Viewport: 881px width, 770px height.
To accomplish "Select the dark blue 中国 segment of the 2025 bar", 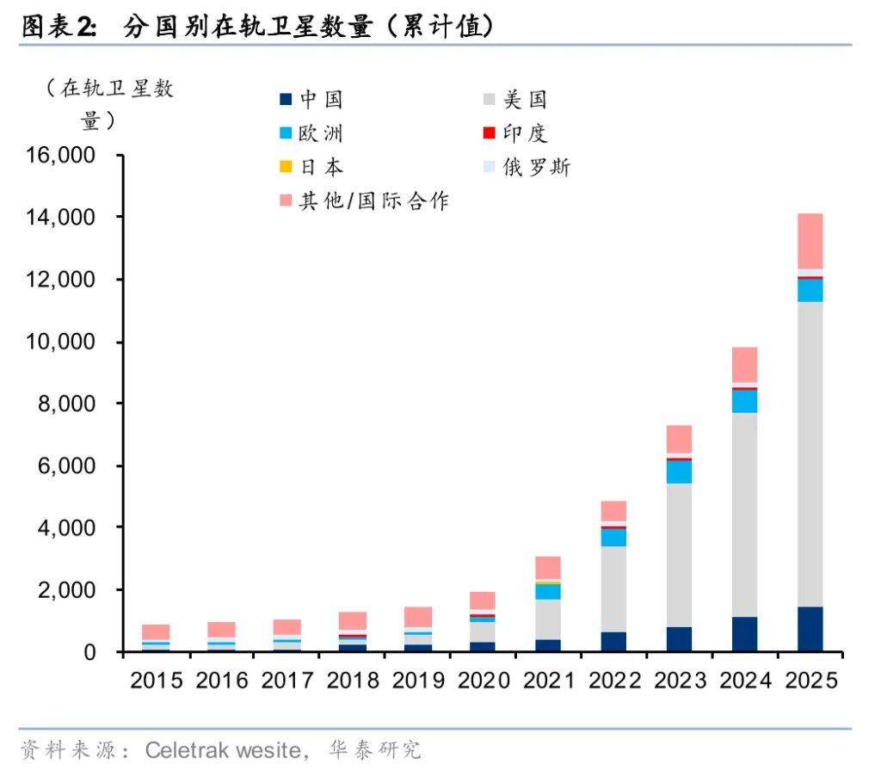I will pyautogui.click(x=810, y=629).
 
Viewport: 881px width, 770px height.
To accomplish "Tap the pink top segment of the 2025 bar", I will pyautogui.click(x=810, y=241).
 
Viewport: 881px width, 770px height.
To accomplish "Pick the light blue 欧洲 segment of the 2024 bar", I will pyautogui.click(x=744, y=401).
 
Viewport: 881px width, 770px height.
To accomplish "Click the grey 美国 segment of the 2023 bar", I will pyautogui.click(x=679, y=555).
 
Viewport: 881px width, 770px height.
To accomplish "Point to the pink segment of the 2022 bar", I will pyautogui.click(x=613, y=511).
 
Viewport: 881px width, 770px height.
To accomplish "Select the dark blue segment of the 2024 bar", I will pyautogui.click(x=744, y=634).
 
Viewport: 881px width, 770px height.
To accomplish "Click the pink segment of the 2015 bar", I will pyautogui.click(x=156, y=631).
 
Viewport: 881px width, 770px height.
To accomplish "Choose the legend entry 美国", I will pyautogui.click(x=525, y=100).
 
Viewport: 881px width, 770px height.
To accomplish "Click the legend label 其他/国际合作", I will pyautogui.click(x=373, y=200).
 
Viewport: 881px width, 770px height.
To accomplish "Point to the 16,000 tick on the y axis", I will pyautogui.click(x=63, y=157).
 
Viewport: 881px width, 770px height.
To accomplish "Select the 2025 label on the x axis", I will pyautogui.click(x=810, y=681).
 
